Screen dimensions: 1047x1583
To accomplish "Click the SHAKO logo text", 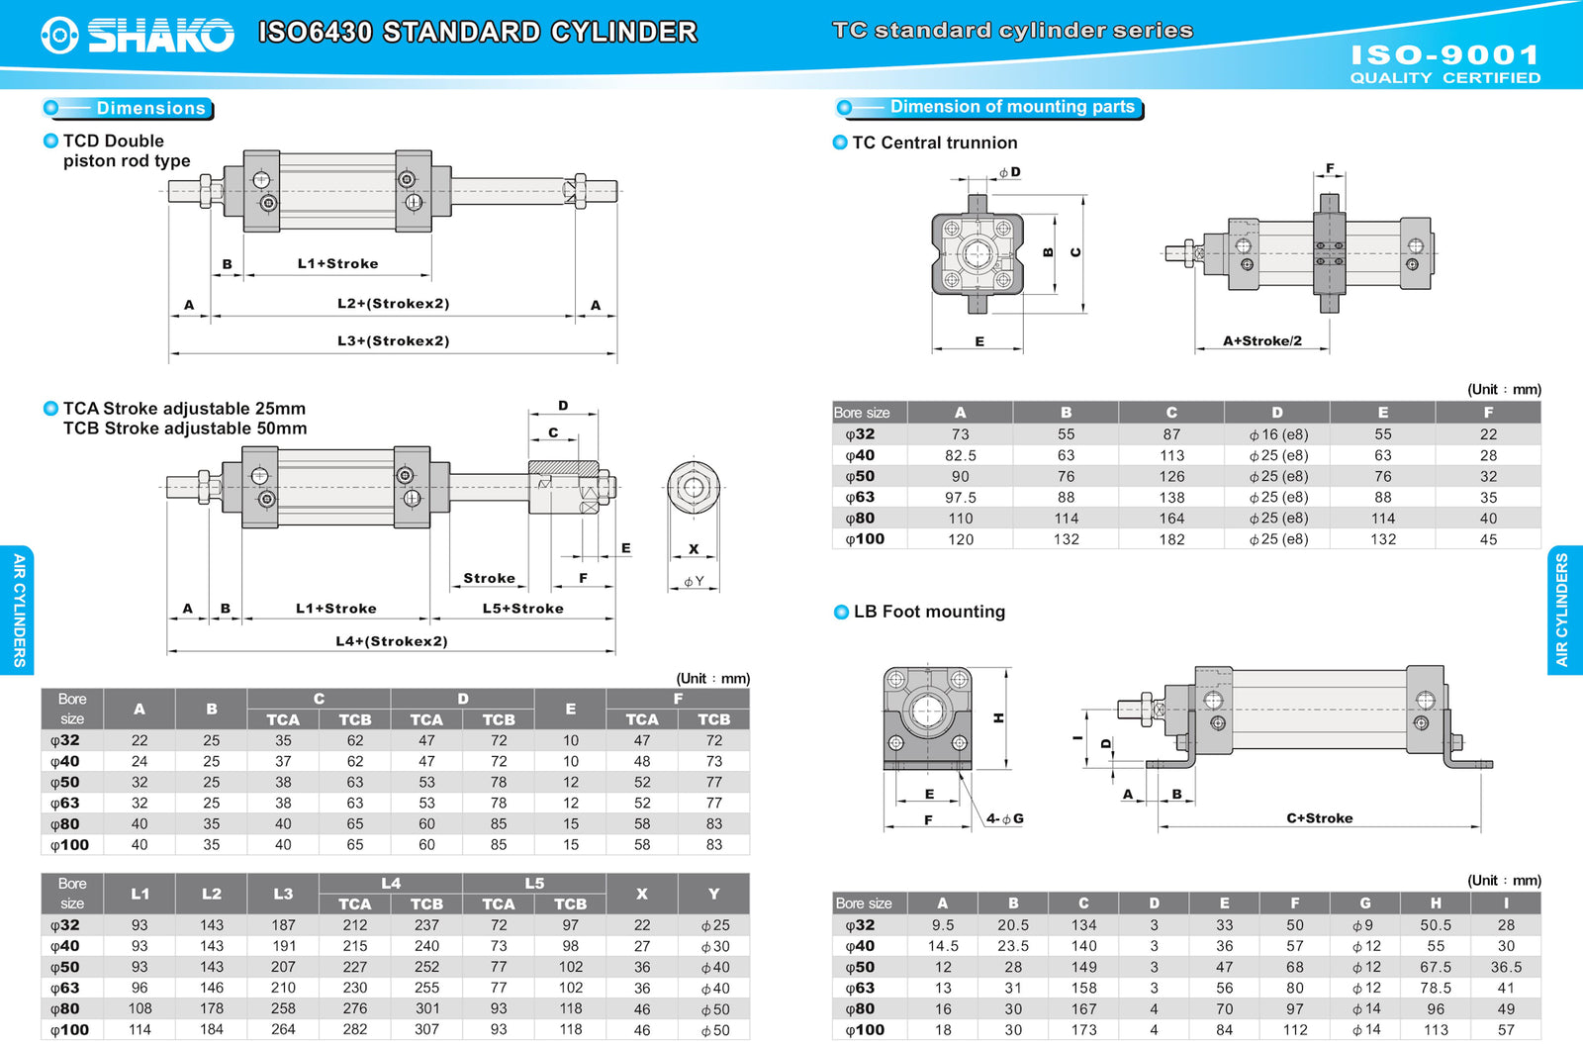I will pyautogui.click(x=160, y=35).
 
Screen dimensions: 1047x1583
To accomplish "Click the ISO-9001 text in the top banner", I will pyautogui.click(x=1444, y=54).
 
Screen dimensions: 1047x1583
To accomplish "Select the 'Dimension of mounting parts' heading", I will pyautogui.click(x=1011, y=107).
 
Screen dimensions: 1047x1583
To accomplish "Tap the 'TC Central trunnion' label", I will pyautogui.click(x=934, y=143).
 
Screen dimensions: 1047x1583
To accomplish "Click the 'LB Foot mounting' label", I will pyautogui.click(x=929, y=612).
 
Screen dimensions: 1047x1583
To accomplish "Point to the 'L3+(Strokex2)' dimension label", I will pyautogui.click(x=393, y=340).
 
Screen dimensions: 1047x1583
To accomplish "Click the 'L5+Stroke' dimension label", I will pyautogui.click(x=522, y=609).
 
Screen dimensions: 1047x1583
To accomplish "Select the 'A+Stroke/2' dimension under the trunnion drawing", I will pyautogui.click(x=1261, y=340).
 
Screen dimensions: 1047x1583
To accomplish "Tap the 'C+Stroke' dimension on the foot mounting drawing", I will pyautogui.click(x=1319, y=818).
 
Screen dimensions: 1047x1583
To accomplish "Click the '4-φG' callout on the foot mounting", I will pyautogui.click(x=1004, y=818).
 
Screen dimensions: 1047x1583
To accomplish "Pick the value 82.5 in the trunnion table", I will pyautogui.click(x=960, y=455).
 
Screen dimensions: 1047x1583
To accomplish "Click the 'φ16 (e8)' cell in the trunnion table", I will pyautogui.click(x=1277, y=434).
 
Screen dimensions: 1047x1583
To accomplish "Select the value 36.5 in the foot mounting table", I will pyautogui.click(x=1505, y=967).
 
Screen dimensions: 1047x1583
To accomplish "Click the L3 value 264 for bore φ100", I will pyautogui.click(x=283, y=1029).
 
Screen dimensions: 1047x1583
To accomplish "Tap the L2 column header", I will pyautogui.click(x=212, y=894).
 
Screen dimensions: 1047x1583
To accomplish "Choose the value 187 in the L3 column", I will pyautogui.click(x=283, y=925).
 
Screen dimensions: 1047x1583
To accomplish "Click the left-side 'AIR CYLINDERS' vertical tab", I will pyautogui.click(x=18, y=610).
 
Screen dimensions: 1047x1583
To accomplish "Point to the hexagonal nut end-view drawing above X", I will pyautogui.click(x=693, y=487).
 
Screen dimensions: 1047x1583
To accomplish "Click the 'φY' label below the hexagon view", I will pyautogui.click(x=694, y=581).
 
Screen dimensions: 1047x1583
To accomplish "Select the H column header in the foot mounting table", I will pyautogui.click(x=1435, y=903).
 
